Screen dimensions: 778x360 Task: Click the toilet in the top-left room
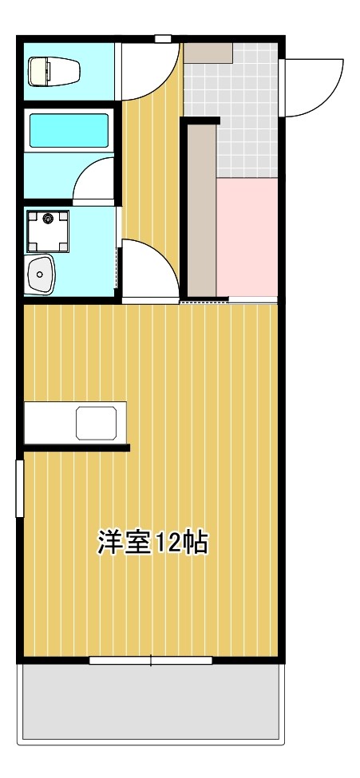(54, 72)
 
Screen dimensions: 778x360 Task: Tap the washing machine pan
(47, 230)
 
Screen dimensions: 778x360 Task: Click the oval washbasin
(39, 275)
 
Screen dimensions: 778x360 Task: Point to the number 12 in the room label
(169, 543)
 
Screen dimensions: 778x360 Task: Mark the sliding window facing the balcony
(151, 660)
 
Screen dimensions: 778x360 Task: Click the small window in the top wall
(163, 38)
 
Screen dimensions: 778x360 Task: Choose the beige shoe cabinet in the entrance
(208, 53)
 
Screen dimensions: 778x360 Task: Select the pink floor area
(247, 237)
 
